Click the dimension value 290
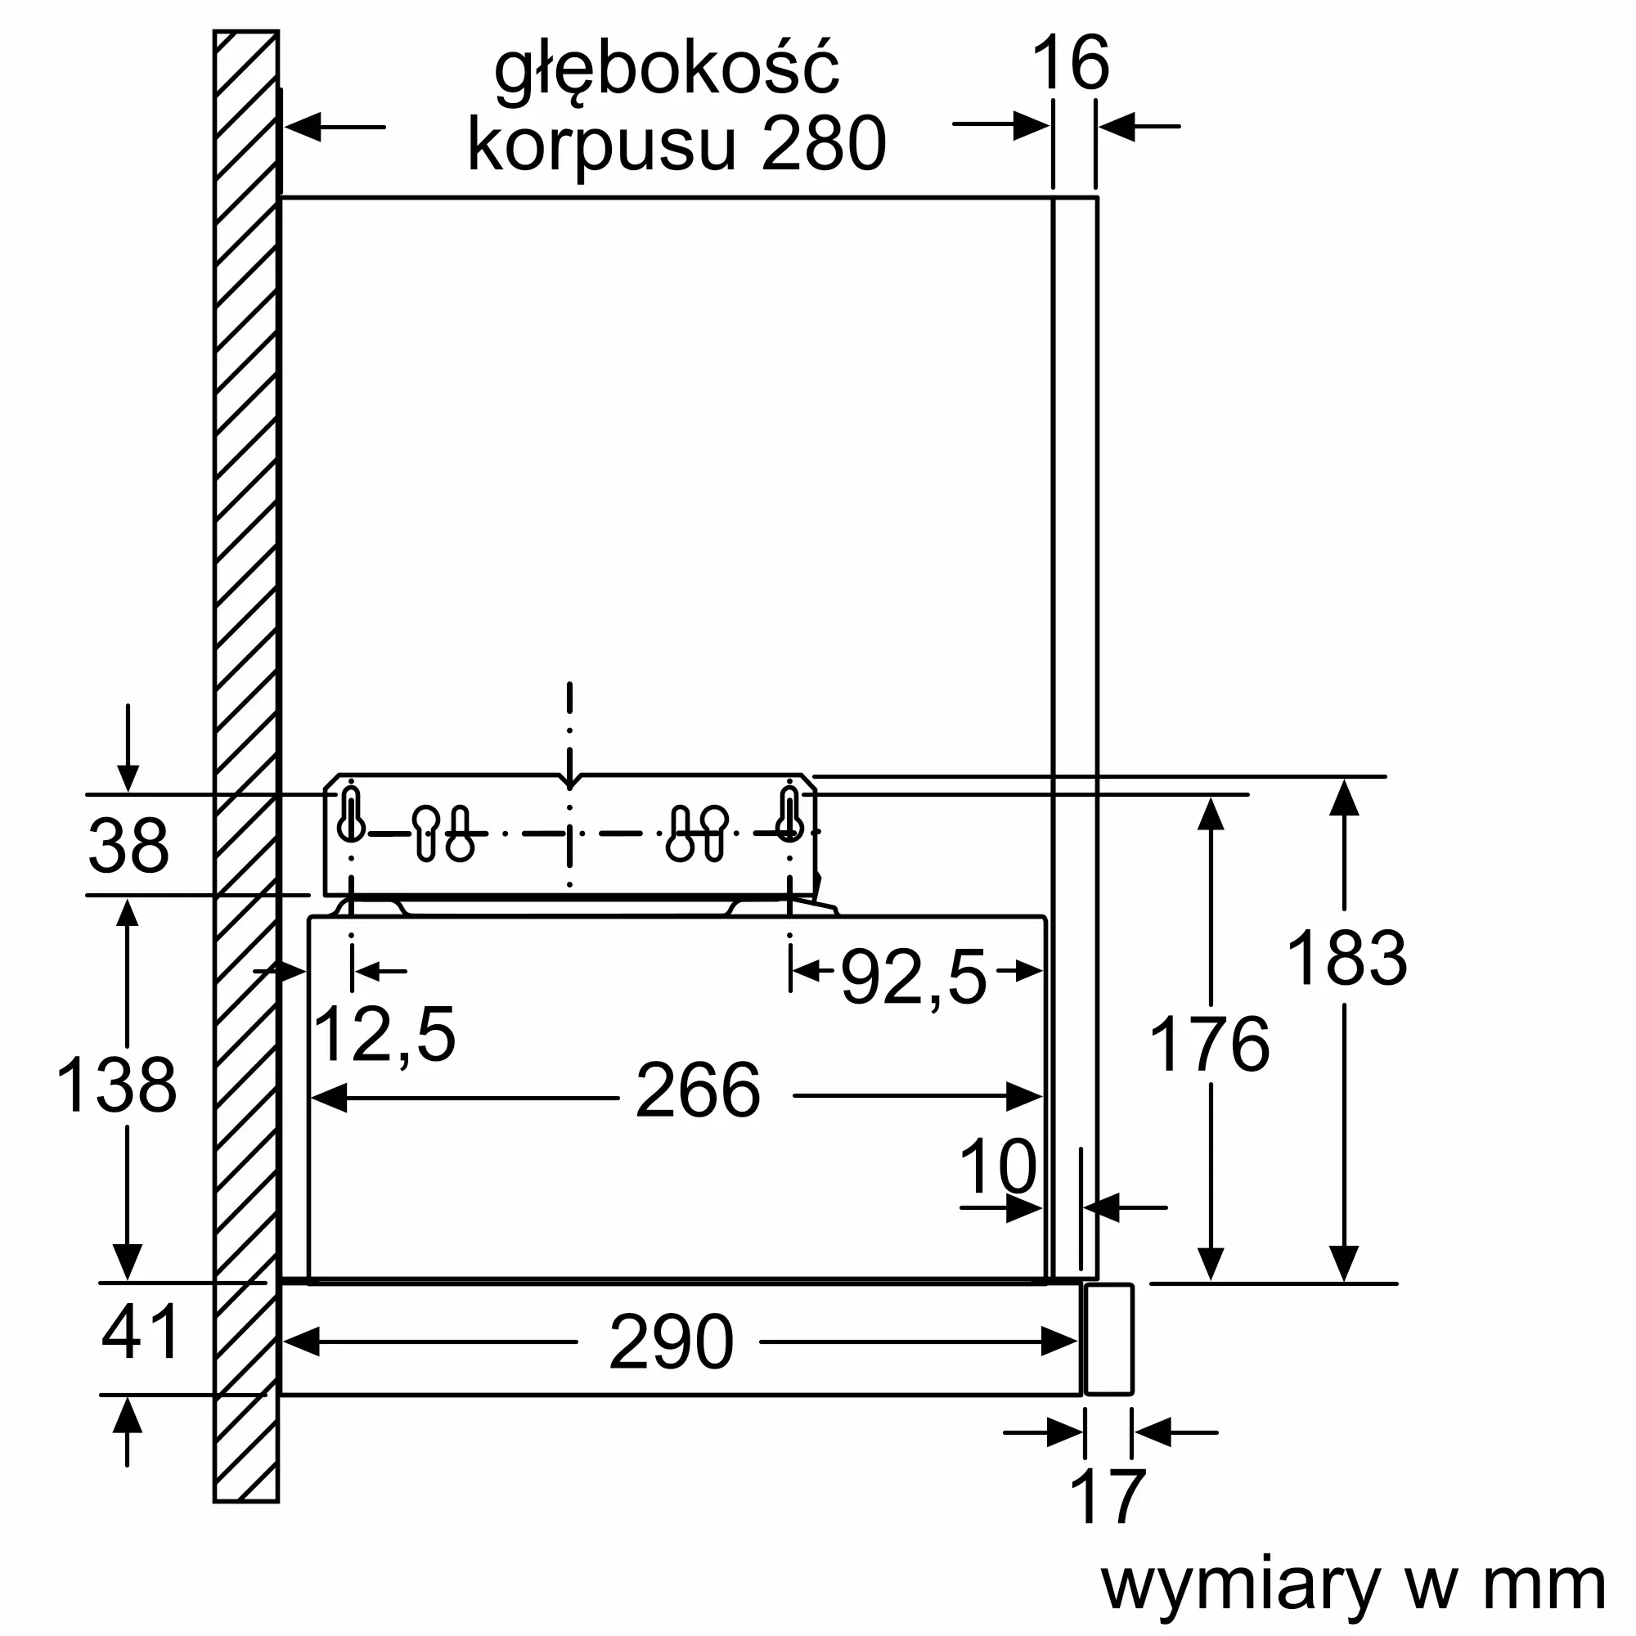(671, 1342)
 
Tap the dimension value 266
(698, 1090)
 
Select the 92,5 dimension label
(914, 978)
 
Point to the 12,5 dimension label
(384, 1033)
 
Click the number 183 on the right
(1346, 958)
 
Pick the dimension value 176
(1209, 1044)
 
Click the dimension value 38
(128, 845)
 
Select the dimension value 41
(141, 1332)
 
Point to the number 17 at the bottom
(1108, 1498)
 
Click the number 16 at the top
(1070, 63)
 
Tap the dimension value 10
(997, 1167)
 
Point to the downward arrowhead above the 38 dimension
(128, 777)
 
